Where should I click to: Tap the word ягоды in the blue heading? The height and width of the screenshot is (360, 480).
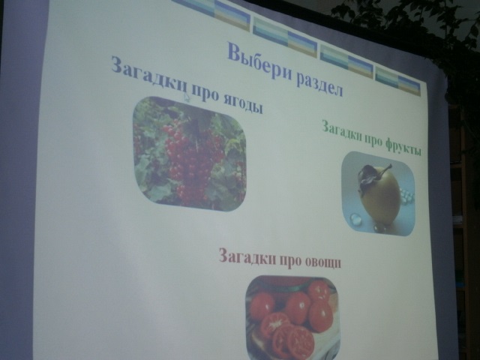tap(243, 104)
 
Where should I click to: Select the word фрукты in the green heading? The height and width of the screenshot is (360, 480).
tap(403, 146)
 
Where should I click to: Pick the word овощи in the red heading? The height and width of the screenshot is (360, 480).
tap(323, 261)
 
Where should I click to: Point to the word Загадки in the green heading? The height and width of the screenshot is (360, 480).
tap(342, 130)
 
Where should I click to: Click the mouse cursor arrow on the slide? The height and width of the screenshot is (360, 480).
tap(187, 97)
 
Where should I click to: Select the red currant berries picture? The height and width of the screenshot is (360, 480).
tap(190, 154)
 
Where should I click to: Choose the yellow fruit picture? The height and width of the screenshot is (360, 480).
tap(378, 193)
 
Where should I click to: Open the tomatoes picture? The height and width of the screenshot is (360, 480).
tap(293, 317)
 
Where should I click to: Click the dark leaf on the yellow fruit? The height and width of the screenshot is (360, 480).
tap(366, 177)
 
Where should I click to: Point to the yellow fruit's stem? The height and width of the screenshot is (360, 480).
tap(386, 168)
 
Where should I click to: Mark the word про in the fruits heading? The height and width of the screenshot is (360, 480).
tap(373, 139)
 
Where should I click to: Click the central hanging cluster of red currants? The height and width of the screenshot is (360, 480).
tap(189, 160)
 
